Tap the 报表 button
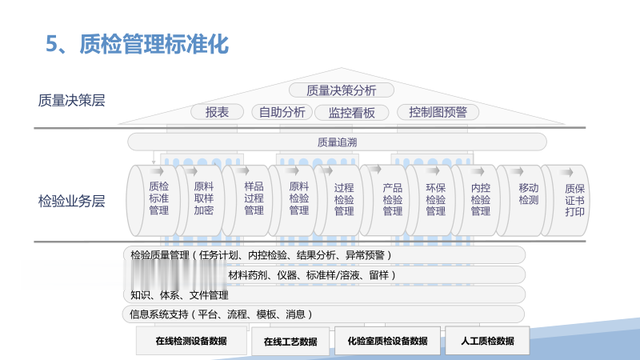point(217,112)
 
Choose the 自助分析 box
point(281,112)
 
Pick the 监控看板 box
point(351,112)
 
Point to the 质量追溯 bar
point(335,141)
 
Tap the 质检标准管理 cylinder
point(158,198)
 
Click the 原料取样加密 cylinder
point(204,198)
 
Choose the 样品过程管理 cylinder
point(254,198)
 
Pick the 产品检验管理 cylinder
point(392,198)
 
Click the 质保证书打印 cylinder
point(575,198)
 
